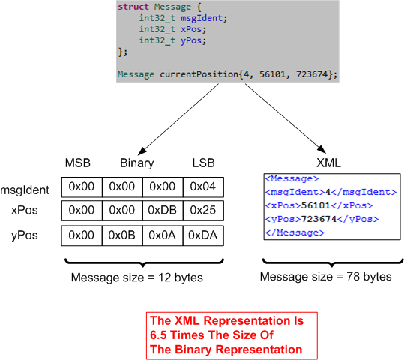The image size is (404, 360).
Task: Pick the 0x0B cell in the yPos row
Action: (x=122, y=235)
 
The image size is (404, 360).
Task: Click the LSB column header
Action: (x=202, y=163)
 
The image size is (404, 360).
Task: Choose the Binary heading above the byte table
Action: (x=136, y=163)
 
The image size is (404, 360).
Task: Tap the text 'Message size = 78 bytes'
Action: (x=325, y=277)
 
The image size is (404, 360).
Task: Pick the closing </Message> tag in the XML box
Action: (x=295, y=232)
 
